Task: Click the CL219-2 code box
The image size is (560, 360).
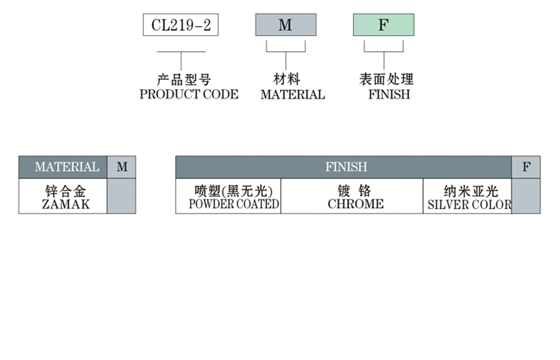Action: tap(181, 26)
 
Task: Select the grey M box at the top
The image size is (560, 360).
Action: tap(286, 26)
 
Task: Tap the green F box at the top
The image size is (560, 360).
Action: tap(383, 26)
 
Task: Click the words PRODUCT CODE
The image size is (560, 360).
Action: tap(189, 94)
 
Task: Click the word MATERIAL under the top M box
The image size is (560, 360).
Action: tap(292, 94)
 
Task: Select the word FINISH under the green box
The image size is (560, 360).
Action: tap(389, 94)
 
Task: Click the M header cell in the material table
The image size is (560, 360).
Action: tap(122, 167)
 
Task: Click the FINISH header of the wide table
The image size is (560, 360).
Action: tap(346, 167)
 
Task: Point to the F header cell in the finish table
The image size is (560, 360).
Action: tap(526, 167)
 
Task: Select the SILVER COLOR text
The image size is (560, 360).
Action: tap(469, 204)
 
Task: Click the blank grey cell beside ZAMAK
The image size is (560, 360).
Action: tap(122, 197)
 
